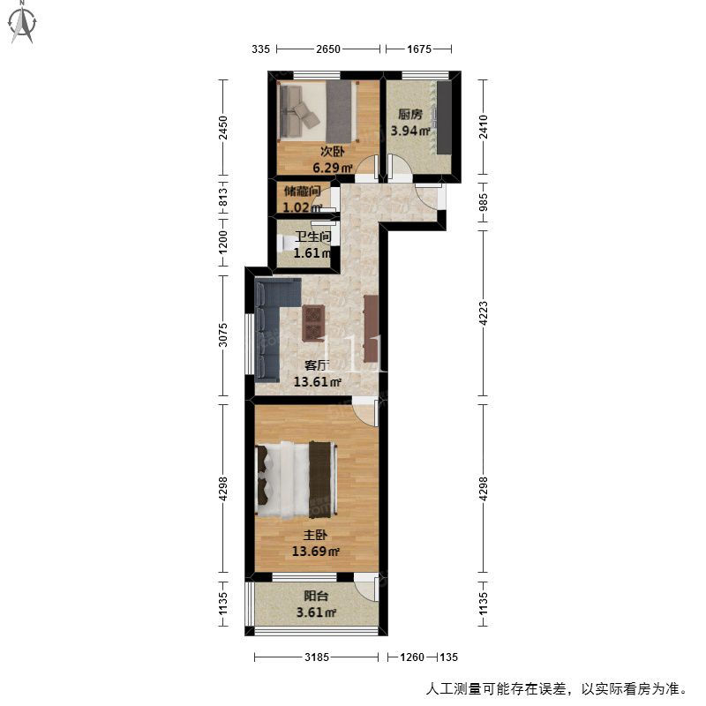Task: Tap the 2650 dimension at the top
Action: tap(327, 49)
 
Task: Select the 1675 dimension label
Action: tap(419, 49)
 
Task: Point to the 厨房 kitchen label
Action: tap(410, 115)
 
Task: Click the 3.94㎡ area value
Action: tap(409, 131)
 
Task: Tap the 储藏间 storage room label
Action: tap(302, 192)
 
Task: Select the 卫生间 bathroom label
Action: tap(313, 237)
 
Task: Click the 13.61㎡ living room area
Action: tap(317, 382)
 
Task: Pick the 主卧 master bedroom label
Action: tap(315, 535)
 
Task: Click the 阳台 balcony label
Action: tap(316, 597)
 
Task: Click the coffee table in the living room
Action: tap(313, 323)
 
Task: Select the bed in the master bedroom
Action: tap(296, 479)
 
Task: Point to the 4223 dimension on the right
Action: tap(483, 313)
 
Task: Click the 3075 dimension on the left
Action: tap(223, 335)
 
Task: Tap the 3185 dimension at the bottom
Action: tap(317, 657)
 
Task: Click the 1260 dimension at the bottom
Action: tap(412, 657)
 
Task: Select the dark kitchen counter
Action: tap(444, 117)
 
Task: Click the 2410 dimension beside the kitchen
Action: tap(483, 127)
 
